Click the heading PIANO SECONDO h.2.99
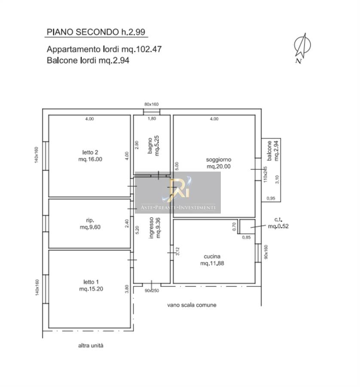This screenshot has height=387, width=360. click(x=96, y=32)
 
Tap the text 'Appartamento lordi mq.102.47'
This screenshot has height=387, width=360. click(x=104, y=49)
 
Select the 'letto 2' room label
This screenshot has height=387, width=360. click(x=90, y=152)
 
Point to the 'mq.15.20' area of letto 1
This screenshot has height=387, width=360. click(x=91, y=289)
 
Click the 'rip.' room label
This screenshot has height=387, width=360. click(x=90, y=220)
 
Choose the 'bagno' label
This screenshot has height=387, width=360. click(x=150, y=146)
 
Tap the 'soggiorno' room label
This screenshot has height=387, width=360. click(x=219, y=160)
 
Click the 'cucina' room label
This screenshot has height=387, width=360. click(x=212, y=256)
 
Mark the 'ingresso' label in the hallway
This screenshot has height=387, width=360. click(x=151, y=227)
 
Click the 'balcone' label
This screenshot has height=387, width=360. click(x=269, y=150)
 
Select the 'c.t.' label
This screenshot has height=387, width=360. click(x=278, y=219)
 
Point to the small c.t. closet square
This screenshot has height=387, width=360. click(x=247, y=227)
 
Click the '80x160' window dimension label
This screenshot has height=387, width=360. click(x=151, y=104)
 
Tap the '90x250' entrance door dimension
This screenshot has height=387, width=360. click(x=152, y=291)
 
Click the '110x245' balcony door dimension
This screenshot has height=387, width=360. click(x=265, y=175)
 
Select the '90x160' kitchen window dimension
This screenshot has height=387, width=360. click(x=266, y=252)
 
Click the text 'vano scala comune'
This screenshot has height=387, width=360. click(x=192, y=305)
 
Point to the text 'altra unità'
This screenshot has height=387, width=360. click(x=91, y=346)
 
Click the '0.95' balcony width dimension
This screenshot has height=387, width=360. click(x=271, y=198)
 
